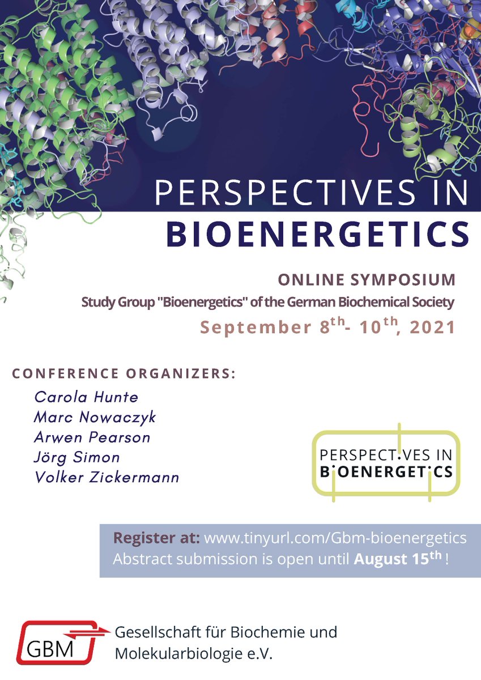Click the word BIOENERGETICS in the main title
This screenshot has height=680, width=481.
click(317, 233)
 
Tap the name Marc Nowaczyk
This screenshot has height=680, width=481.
click(95, 418)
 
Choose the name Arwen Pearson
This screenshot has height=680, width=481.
click(92, 437)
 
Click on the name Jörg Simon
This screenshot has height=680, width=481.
click(76, 457)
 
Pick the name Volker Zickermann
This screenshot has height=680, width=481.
click(107, 477)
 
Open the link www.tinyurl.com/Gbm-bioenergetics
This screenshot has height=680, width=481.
click(335, 538)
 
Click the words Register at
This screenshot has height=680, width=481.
click(156, 538)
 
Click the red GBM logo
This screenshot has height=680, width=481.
click(55, 642)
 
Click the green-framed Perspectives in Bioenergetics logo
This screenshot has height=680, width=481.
click(386, 463)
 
